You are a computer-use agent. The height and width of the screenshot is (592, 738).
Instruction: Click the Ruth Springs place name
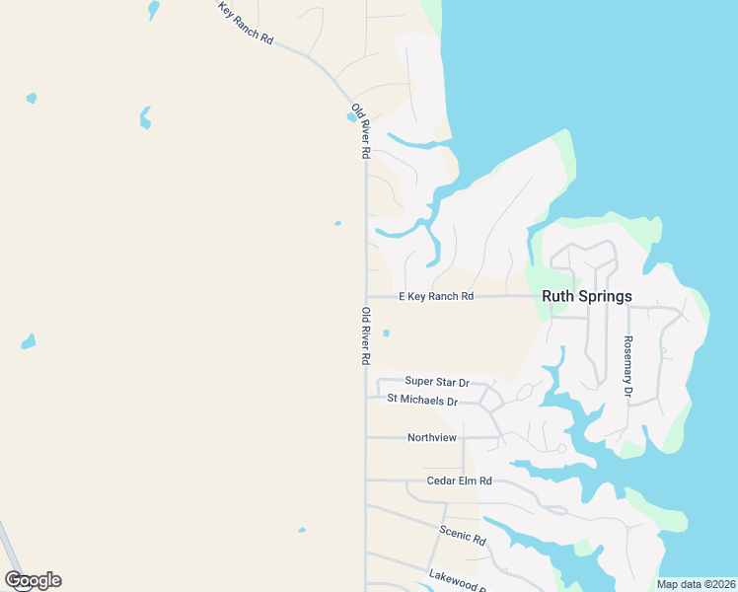(x=586, y=296)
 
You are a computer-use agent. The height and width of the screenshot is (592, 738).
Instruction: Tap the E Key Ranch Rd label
(x=436, y=296)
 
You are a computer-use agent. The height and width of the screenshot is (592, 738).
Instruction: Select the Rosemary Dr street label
(x=627, y=366)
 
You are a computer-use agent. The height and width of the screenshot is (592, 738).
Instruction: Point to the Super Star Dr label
(x=437, y=382)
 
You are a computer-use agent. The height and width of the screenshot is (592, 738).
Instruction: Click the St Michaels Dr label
(x=422, y=401)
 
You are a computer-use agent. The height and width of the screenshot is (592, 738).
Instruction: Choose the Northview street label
(x=432, y=437)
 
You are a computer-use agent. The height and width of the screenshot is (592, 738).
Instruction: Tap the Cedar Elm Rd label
(x=459, y=481)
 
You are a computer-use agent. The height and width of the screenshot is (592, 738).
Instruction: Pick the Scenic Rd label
(x=463, y=535)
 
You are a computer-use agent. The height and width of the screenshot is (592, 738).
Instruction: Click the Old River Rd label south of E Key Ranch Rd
(x=365, y=336)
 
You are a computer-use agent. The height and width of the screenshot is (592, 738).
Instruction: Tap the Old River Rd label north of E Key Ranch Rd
(x=360, y=130)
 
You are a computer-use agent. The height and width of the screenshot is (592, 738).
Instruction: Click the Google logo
(x=33, y=580)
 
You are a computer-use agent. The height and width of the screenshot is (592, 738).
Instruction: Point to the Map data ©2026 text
(x=696, y=584)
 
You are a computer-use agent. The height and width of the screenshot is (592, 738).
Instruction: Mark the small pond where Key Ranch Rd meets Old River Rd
(x=351, y=117)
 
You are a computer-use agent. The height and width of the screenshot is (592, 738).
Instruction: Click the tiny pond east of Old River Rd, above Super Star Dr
(x=386, y=333)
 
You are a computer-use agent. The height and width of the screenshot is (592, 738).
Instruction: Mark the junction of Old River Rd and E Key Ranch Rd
(x=366, y=296)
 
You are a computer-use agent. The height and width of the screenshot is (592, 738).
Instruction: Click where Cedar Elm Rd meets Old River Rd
(x=366, y=481)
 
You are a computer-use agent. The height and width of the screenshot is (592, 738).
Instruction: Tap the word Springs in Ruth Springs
(x=606, y=296)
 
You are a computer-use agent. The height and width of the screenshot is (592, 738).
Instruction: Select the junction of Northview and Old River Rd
(x=366, y=437)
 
